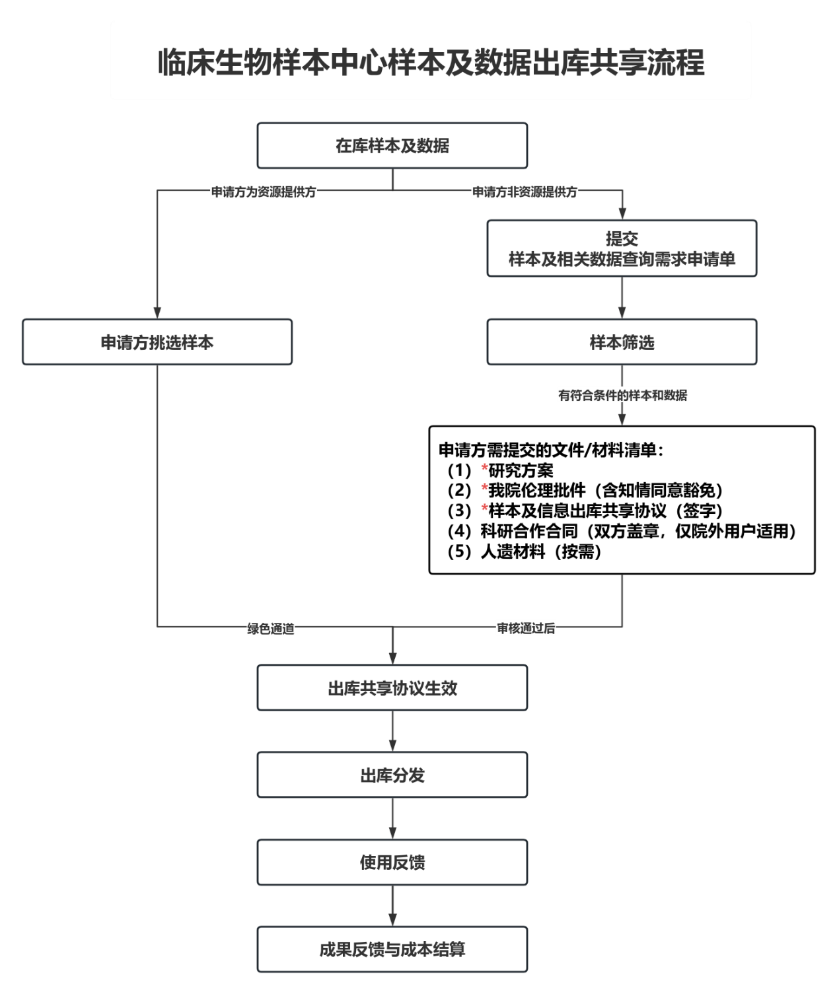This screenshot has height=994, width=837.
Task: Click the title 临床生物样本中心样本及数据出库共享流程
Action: pos(431,62)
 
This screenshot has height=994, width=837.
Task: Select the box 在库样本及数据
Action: pos(392,146)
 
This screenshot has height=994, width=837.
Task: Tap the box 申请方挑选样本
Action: pos(157,343)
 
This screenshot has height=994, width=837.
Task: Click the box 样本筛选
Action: pos(622,343)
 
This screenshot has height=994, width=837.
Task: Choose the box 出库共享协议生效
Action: pos(392,688)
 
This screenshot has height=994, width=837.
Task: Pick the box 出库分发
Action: pos(392,775)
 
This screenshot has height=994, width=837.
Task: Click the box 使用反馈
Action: pos(392,863)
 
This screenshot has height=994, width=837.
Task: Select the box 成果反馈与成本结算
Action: pos(392,950)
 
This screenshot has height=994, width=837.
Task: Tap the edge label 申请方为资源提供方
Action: pos(264,192)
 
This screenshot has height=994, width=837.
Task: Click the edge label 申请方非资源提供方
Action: pos(525,192)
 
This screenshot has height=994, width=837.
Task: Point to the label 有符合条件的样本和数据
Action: pos(622,396)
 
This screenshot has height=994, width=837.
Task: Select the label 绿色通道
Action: pos(271,629)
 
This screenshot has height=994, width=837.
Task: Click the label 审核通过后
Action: pos(526,629)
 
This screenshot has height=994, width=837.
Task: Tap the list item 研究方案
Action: pos(521,471)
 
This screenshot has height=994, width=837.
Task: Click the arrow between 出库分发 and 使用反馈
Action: pos(392,819)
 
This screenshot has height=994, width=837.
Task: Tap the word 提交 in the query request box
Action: pos(622,238)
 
